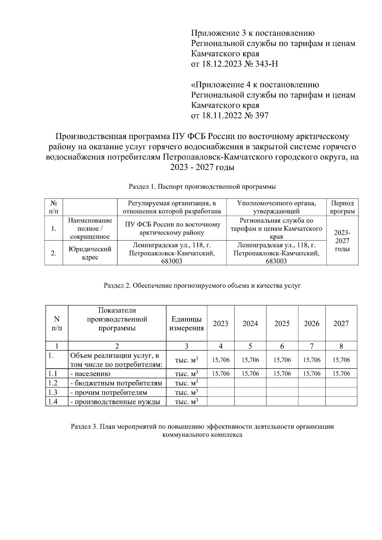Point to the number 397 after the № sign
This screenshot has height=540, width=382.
[x=261, y=116]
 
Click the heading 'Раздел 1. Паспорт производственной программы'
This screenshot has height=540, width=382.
[x=202, y=187]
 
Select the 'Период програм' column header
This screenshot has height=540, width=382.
[x=342, y=207]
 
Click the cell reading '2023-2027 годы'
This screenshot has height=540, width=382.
[x=342, y=241]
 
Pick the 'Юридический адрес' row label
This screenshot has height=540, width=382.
[x=90, y=253]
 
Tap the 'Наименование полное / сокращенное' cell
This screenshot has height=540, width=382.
[x=90, y=228]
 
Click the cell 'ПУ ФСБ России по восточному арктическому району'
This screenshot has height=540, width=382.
[x=172, y=228]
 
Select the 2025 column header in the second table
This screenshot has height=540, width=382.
[x=282, y=324]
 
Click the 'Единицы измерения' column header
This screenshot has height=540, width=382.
[x=187, y=324]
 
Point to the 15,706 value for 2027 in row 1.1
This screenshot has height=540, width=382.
[x=341, y=374]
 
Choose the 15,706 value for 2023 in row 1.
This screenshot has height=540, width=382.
[x=221, y=360]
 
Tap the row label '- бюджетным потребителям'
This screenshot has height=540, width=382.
[x=116, y=383]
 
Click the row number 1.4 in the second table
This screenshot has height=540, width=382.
[x=53, y=402]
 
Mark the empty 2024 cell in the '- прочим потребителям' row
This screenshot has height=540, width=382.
[x=250, y=392]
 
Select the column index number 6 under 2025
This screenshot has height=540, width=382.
[x=282, y=346]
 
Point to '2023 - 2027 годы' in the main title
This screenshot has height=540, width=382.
[x=202, y=167]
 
